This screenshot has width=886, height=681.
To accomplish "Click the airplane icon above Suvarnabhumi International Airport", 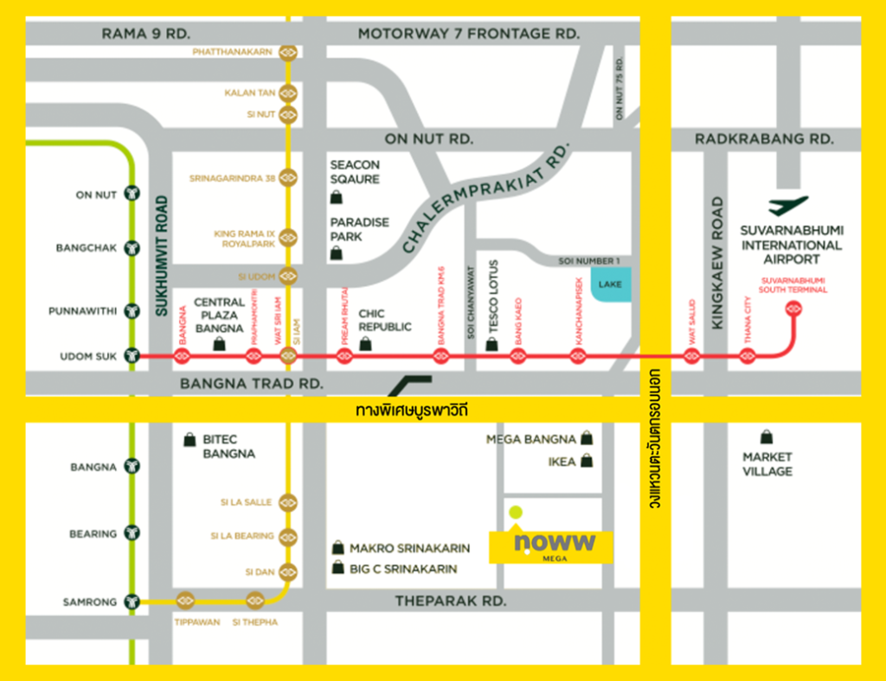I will tap(788, 207).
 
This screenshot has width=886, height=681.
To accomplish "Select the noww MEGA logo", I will tap(552, 545).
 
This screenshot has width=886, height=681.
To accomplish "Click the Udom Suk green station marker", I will tap(132, 355).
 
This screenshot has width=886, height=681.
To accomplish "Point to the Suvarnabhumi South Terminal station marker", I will tap(793, 311).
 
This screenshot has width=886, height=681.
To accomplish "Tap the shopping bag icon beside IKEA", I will tap(587, 461).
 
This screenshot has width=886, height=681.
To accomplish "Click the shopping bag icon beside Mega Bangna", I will tap(587, 439).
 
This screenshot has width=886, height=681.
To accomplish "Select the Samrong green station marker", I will tap(132, 601).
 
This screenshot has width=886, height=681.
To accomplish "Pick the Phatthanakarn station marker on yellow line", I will tap(288, 52).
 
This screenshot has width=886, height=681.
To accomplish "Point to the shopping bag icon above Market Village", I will tap(766, 437).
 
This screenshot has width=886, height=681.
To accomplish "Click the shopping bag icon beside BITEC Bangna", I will tap(189, 440).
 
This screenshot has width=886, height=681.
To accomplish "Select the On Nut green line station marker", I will tap(132, 194).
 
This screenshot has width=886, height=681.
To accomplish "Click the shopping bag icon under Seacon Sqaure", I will tap(336, 198).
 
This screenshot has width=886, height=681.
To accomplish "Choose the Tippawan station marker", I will tap(185, 601).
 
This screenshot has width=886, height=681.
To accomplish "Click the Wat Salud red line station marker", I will tap(691, 355).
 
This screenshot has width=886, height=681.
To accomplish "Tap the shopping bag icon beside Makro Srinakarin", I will tap(337, 548).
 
